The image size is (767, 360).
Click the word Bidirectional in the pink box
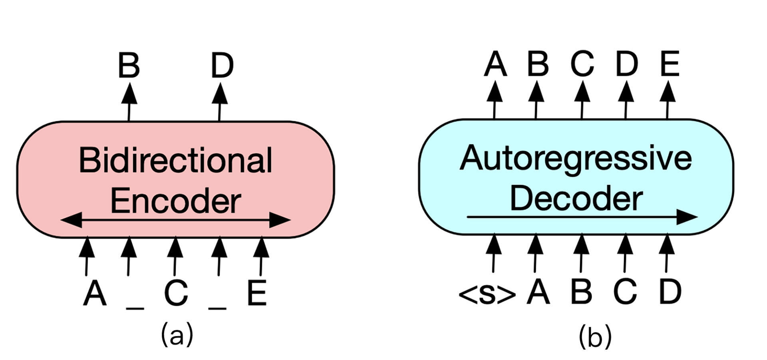[176, 161]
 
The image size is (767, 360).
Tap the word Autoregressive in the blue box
[576, 159]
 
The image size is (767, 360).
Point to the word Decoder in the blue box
[576, 199]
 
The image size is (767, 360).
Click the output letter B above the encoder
[129, 66]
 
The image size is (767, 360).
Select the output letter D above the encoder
[222, 66]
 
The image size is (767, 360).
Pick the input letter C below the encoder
[176, 293]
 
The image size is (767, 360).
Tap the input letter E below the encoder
[257, 293]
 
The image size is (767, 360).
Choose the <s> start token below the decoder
[487, 294]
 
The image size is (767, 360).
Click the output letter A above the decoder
[495, 64]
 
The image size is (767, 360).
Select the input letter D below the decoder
[670, 292]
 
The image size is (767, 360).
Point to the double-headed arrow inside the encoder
[176, 220]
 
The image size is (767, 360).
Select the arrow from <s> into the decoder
[494, 253]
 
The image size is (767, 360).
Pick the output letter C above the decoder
[582, 64]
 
